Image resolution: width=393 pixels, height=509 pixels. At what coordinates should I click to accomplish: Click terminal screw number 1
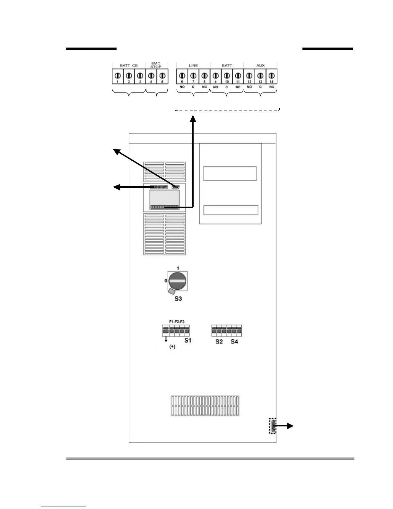[118, 76]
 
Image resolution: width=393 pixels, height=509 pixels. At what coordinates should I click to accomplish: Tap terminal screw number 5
[162, 76]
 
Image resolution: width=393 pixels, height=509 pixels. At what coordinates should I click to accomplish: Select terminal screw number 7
[193, 76]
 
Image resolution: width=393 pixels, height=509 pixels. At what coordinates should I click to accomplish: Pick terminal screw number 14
[272, 76]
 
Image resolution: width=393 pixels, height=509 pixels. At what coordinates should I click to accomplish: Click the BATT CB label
[129, 66]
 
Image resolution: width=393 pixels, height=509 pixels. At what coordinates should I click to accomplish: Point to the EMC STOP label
[156, 65]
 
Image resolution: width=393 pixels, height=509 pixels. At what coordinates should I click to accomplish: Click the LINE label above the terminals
[193, 66]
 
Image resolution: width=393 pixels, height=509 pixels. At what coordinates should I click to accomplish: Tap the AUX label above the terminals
[260, 66]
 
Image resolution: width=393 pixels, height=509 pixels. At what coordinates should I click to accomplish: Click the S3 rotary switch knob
[178, 281]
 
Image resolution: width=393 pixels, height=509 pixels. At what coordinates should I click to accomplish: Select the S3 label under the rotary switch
[178, 299]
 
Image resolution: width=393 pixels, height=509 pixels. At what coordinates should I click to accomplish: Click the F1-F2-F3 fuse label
[177, 321]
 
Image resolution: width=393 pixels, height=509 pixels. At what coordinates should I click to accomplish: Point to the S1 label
[188, 340]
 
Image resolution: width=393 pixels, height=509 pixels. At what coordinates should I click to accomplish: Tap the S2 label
[219, 342]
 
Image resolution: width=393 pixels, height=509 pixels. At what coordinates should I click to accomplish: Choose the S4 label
[234, 342]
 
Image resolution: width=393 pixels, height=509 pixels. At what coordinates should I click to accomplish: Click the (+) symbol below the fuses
[172, 347]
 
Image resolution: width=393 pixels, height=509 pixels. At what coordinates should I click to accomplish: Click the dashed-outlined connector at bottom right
[273, 426]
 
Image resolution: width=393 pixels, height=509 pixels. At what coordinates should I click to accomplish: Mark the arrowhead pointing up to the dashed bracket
[193, 119]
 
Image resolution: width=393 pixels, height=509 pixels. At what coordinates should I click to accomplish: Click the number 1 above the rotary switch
[178, 268]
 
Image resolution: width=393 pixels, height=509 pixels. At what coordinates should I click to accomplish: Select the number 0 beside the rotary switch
[166, 281]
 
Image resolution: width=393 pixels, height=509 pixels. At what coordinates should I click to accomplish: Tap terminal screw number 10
[227, 76]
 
